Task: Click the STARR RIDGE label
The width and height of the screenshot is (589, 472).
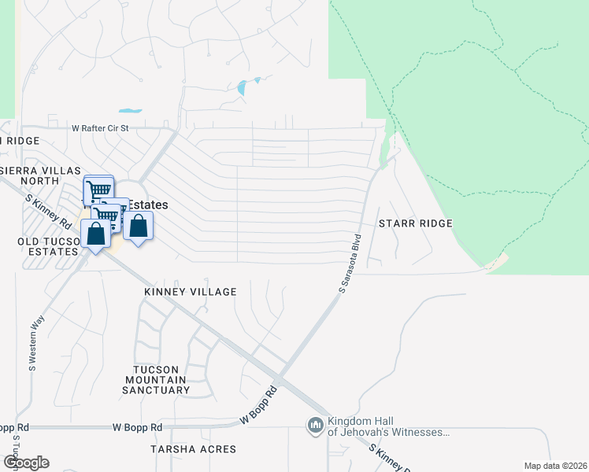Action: (415, 223)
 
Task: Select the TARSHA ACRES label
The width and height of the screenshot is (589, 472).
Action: (193, 449)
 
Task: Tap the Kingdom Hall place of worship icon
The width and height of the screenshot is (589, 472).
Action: (316, 426)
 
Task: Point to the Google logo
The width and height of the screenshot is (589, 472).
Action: (25, 463)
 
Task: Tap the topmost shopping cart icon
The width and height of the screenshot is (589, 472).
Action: (98, 190)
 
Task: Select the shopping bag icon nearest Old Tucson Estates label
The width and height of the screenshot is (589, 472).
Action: (95, 234)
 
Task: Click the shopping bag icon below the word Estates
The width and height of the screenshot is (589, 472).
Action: (139, 226)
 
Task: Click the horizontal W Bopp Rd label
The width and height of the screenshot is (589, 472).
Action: (137, 427)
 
